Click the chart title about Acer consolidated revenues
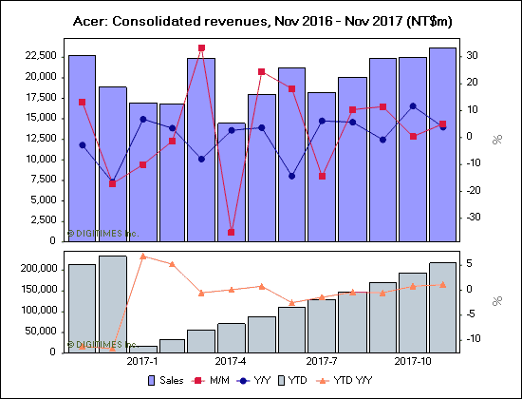coord(260,20)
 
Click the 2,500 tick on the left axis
coord(44,220)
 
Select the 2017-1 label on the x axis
coord(141,361)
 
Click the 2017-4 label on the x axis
coord(232,361)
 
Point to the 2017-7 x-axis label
coord(323,361)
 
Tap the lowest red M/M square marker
coord(232,232)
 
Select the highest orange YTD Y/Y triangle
coord(142,256)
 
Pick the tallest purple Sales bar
coord(443,143)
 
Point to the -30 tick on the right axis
coord(475,217)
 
